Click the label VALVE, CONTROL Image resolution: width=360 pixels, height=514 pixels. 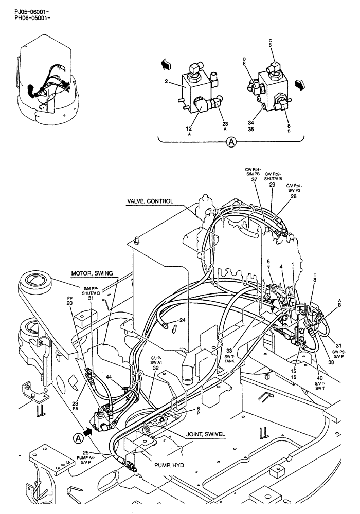(150, 201)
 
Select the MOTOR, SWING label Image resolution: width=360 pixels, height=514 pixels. (92, 273)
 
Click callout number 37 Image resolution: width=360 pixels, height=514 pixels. (254, 179)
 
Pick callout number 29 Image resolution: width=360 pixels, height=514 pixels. (273, 184)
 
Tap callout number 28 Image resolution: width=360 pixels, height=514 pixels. (294, 196)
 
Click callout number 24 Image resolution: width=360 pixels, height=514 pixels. (182, 320)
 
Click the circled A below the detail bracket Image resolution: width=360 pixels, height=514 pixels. (232, 142)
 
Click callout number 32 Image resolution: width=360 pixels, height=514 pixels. (155, 368)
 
